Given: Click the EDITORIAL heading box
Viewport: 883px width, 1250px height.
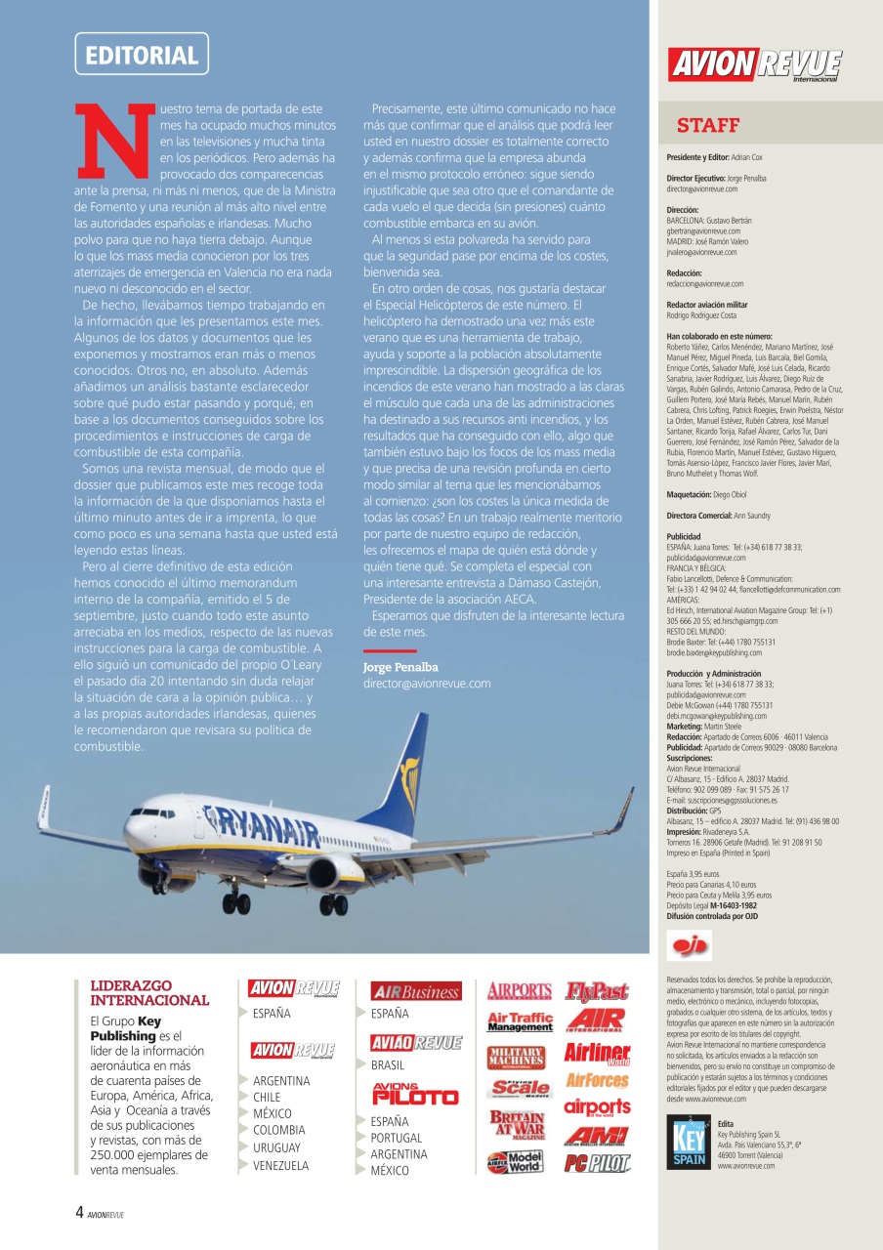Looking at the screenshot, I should [142, 55].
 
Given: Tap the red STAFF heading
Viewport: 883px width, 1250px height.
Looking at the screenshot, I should [707, 126].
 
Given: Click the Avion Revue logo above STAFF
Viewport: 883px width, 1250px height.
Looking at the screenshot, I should [754, 65].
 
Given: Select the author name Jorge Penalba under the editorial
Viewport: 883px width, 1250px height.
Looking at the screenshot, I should [400, 667].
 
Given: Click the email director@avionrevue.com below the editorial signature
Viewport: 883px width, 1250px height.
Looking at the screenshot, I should [427, 684].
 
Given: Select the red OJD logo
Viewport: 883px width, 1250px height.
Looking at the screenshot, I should [688, 946].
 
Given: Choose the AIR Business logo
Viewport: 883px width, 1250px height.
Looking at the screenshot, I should [416, 991].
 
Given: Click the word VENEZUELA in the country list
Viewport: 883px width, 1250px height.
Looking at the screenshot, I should [280, 1166].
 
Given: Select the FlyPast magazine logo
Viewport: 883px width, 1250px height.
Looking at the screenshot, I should [597, 991].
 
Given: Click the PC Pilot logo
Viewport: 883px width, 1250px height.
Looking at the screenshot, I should [597, 1163].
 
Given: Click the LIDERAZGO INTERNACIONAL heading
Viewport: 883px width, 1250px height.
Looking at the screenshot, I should [149, 993].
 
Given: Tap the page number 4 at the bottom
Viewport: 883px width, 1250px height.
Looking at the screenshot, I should [79, 1213].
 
